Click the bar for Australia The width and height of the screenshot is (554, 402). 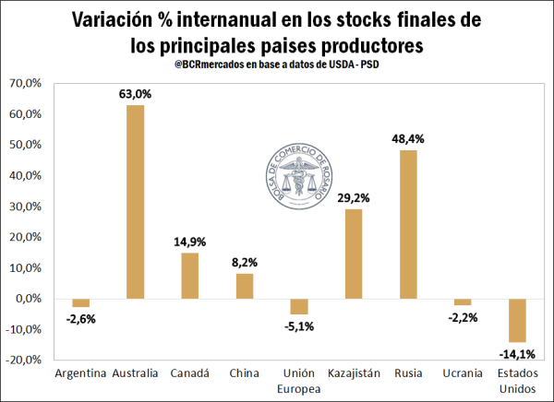(x=135, y=202)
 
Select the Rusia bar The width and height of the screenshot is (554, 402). (x=407, y=224)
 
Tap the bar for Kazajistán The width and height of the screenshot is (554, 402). (x=354, y=254)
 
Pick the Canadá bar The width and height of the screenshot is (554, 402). (x=189, y=276)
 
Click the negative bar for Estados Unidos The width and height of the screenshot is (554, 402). (x=517, y=320)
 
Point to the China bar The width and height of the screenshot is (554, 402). (x=244, y=286)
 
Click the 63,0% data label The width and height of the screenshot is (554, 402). (x=135, y=93)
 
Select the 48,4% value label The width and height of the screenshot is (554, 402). (x=407, y=137)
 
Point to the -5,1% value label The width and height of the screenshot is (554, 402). (x=298, y=325)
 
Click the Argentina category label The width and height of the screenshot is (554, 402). (x=80, y=374)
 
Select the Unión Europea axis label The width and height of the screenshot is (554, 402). (x=298, y=381)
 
